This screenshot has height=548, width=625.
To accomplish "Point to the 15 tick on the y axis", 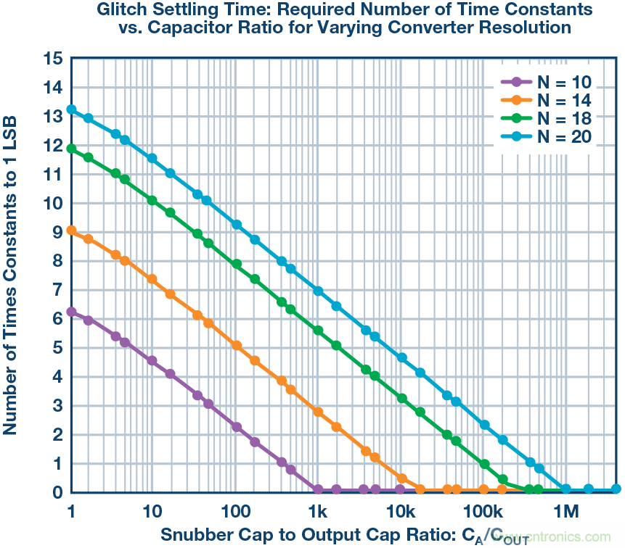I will point(52,59).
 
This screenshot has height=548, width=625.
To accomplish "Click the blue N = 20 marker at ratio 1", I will point(71,109).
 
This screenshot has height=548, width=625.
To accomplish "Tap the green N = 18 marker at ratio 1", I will point(71,149).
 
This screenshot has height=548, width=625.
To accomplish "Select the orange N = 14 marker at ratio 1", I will point(71,231).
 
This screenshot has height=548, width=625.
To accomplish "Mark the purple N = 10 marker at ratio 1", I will point(71,312).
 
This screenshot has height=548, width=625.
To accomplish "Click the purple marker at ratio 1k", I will point(317,489).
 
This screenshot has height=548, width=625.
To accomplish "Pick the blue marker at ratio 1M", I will point(566,489).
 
